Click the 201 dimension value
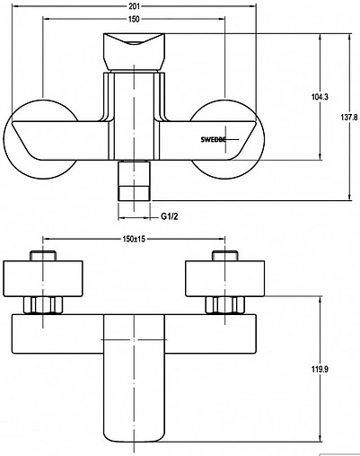134,6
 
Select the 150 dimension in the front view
134,19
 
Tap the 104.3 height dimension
320,97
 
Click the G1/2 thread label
170,216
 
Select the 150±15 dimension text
134,239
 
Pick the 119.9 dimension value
320,369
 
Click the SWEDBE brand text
213,139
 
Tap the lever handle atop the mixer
134,52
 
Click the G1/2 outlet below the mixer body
134,181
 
